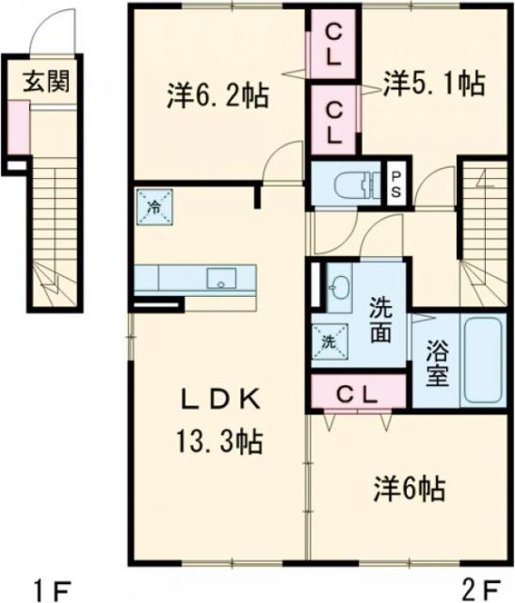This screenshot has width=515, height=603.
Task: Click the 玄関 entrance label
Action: (46, 82)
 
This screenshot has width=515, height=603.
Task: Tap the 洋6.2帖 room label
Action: (217, 94)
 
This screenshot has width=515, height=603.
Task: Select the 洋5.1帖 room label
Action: (434, 85)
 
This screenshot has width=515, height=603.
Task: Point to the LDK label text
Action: (218, 400)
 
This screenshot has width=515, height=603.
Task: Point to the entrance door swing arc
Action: (49, 33)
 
